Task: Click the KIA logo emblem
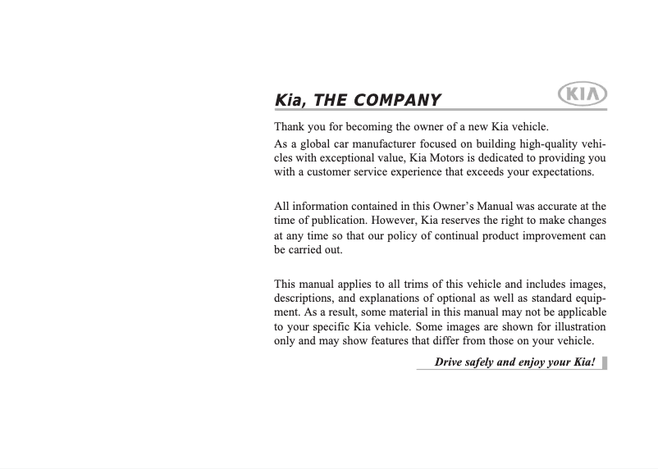tap(582, 94)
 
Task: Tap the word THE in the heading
tap(330, 101)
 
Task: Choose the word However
tap(395, 221)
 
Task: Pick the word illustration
tap(573, 327)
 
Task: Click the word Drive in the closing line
tap(448, 362)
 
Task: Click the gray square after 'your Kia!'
tap(605, 362)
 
